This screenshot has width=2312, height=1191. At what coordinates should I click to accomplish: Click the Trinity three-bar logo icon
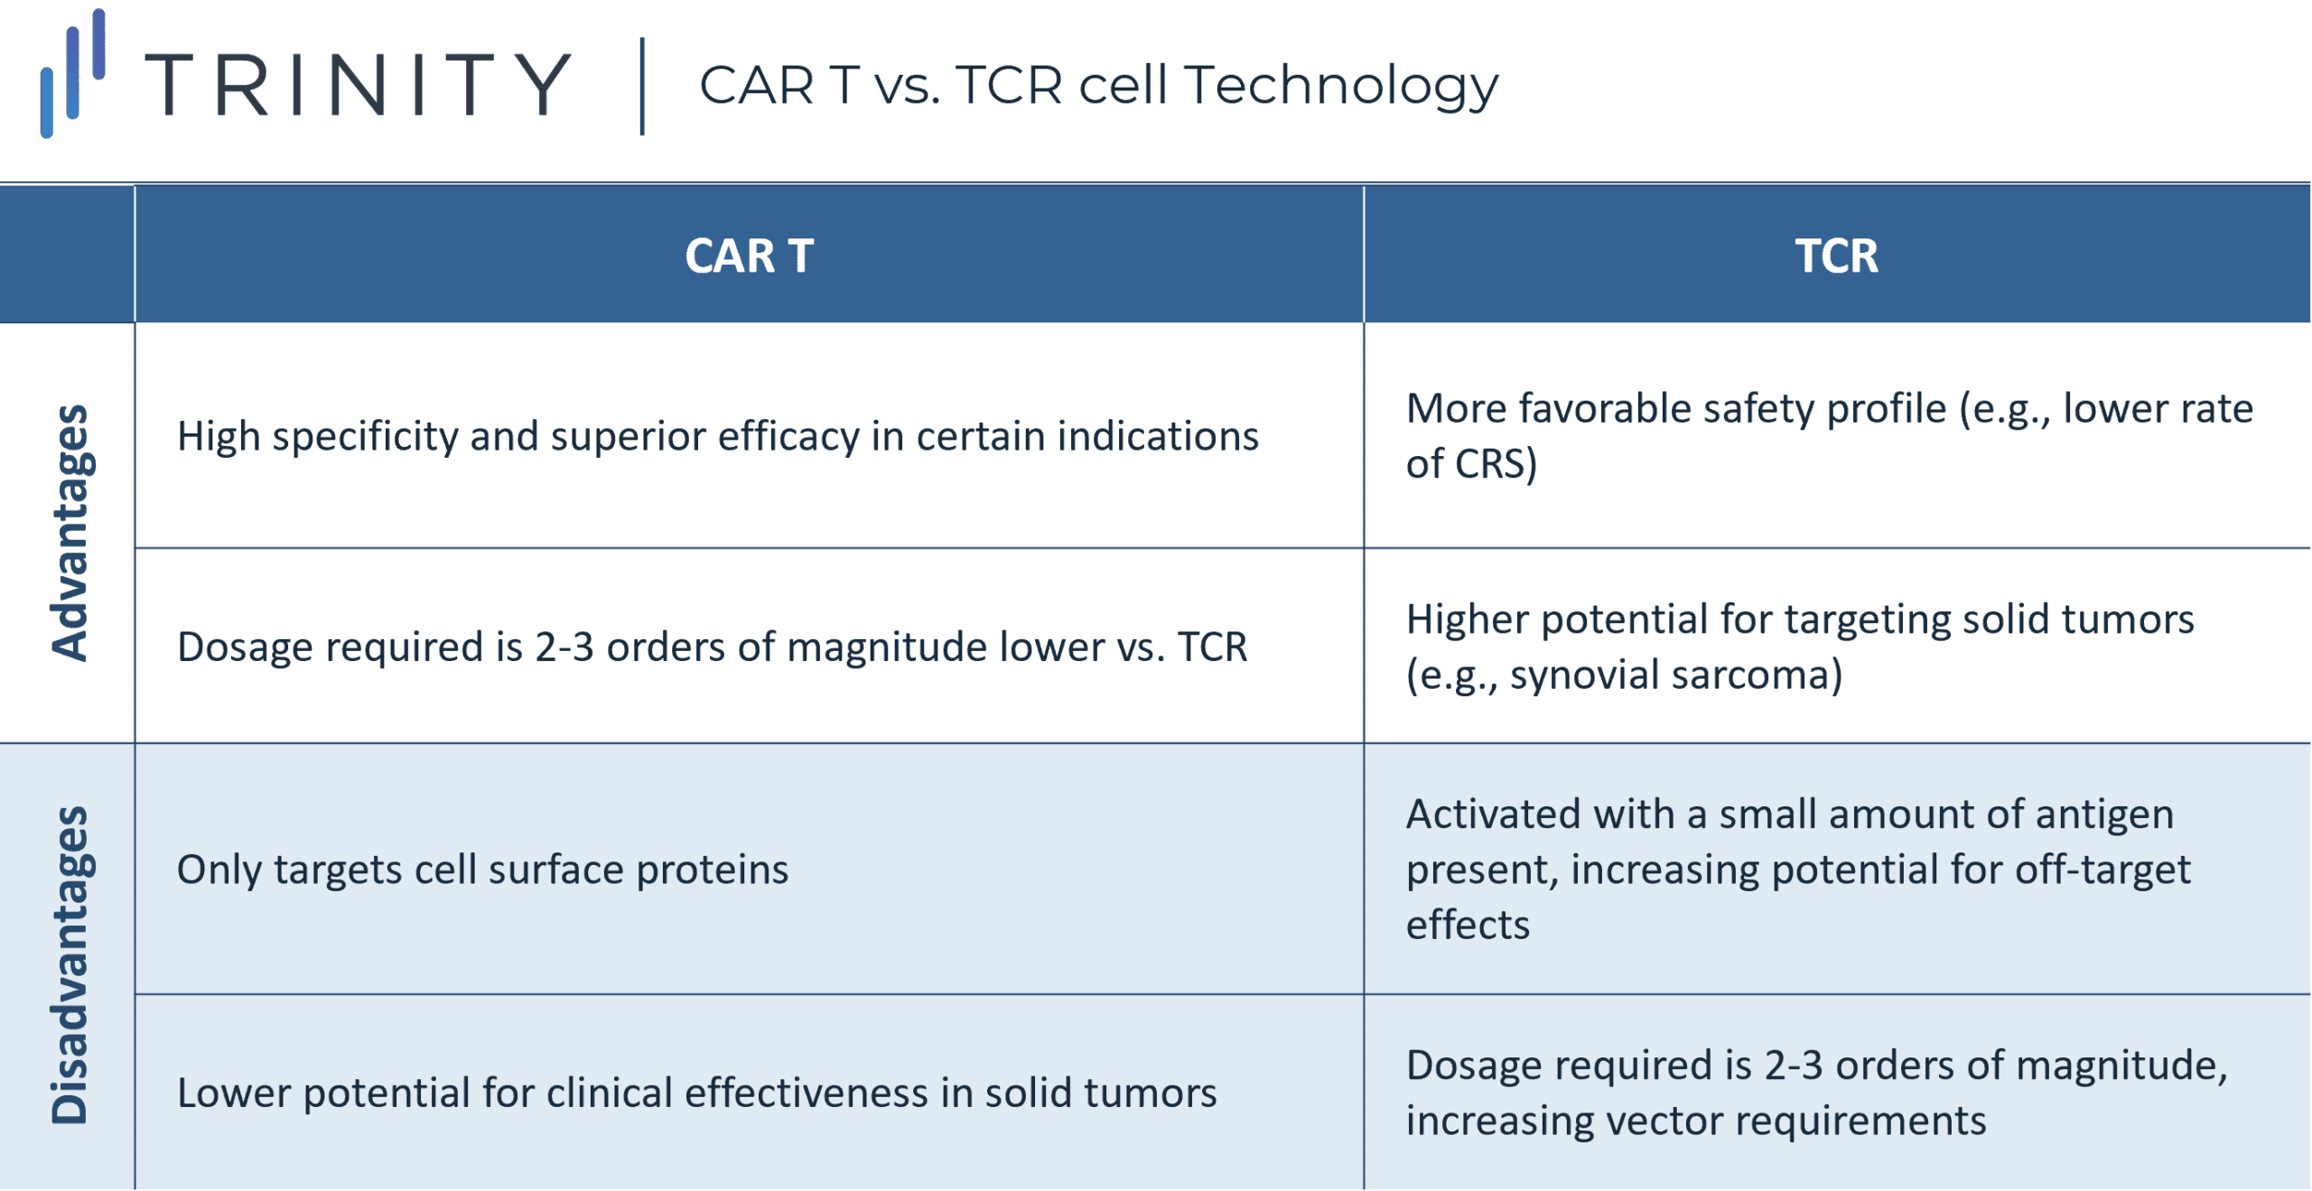tap(73, 73)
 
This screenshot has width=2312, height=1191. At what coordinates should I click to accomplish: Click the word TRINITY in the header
tap(358, 85)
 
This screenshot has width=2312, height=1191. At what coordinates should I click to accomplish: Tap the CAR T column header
tap(749, 256)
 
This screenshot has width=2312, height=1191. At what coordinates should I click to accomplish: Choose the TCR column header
tap(1836, 256)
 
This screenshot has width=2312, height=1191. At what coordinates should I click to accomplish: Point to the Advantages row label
tap(70, 533)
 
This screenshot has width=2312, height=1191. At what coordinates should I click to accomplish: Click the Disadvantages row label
tap(70, 964)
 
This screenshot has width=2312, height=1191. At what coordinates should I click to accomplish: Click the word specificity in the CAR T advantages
tap(365, 437)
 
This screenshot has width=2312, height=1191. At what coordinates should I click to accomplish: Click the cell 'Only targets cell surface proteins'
tap(482, 870)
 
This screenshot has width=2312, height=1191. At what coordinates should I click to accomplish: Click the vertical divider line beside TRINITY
tap(642, 87)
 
